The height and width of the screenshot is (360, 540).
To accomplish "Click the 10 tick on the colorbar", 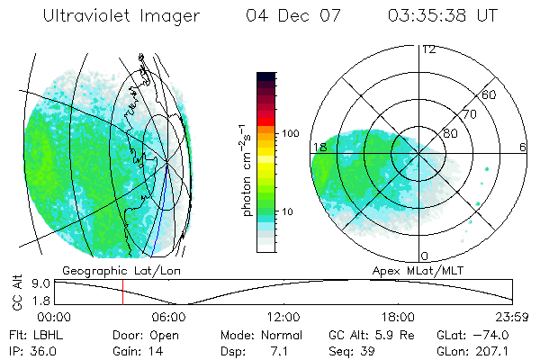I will coord(288,211).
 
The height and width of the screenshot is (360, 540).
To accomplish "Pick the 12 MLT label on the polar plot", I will coord(428,49).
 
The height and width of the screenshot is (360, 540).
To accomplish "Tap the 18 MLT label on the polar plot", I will coord(319,147).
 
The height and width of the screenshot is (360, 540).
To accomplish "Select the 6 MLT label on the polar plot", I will coord(523,147).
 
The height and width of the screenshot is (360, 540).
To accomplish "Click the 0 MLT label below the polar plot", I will coord(424,256).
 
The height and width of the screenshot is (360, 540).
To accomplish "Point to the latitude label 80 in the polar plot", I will coord(448,134).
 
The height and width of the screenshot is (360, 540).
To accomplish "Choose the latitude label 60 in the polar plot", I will coord(490,94).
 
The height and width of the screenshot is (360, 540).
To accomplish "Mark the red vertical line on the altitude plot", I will coord(123,292).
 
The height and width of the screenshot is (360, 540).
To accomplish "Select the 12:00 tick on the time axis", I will coord(284,317).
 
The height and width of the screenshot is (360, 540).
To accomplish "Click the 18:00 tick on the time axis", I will coord(399,317).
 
